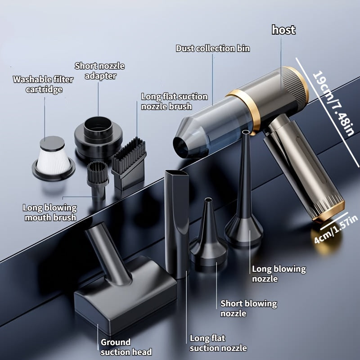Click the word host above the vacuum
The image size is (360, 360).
click(283, 30)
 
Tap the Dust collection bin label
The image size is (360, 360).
click(213, 49)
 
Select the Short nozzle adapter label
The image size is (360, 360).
click(99, 71)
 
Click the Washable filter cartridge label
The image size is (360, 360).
click(43, 84)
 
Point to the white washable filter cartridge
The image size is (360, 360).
click(53, 158)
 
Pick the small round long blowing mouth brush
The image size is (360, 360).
click(97, 179)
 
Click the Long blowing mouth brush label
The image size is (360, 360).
click(50, 212)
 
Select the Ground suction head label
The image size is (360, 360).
click(126, 347)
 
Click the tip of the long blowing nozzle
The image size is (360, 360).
click(246, 132)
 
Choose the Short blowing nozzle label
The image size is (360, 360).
click(249, 308)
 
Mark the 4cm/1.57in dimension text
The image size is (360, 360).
click(336, 229)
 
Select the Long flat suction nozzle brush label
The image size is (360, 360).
click(175, 102)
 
